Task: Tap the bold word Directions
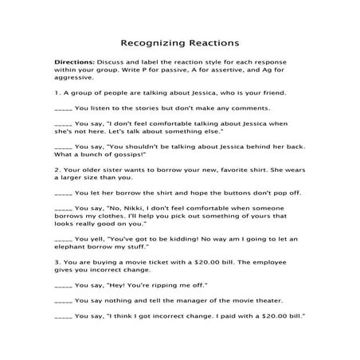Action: coord(74,61)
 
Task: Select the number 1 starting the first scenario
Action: coord(57,92)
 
